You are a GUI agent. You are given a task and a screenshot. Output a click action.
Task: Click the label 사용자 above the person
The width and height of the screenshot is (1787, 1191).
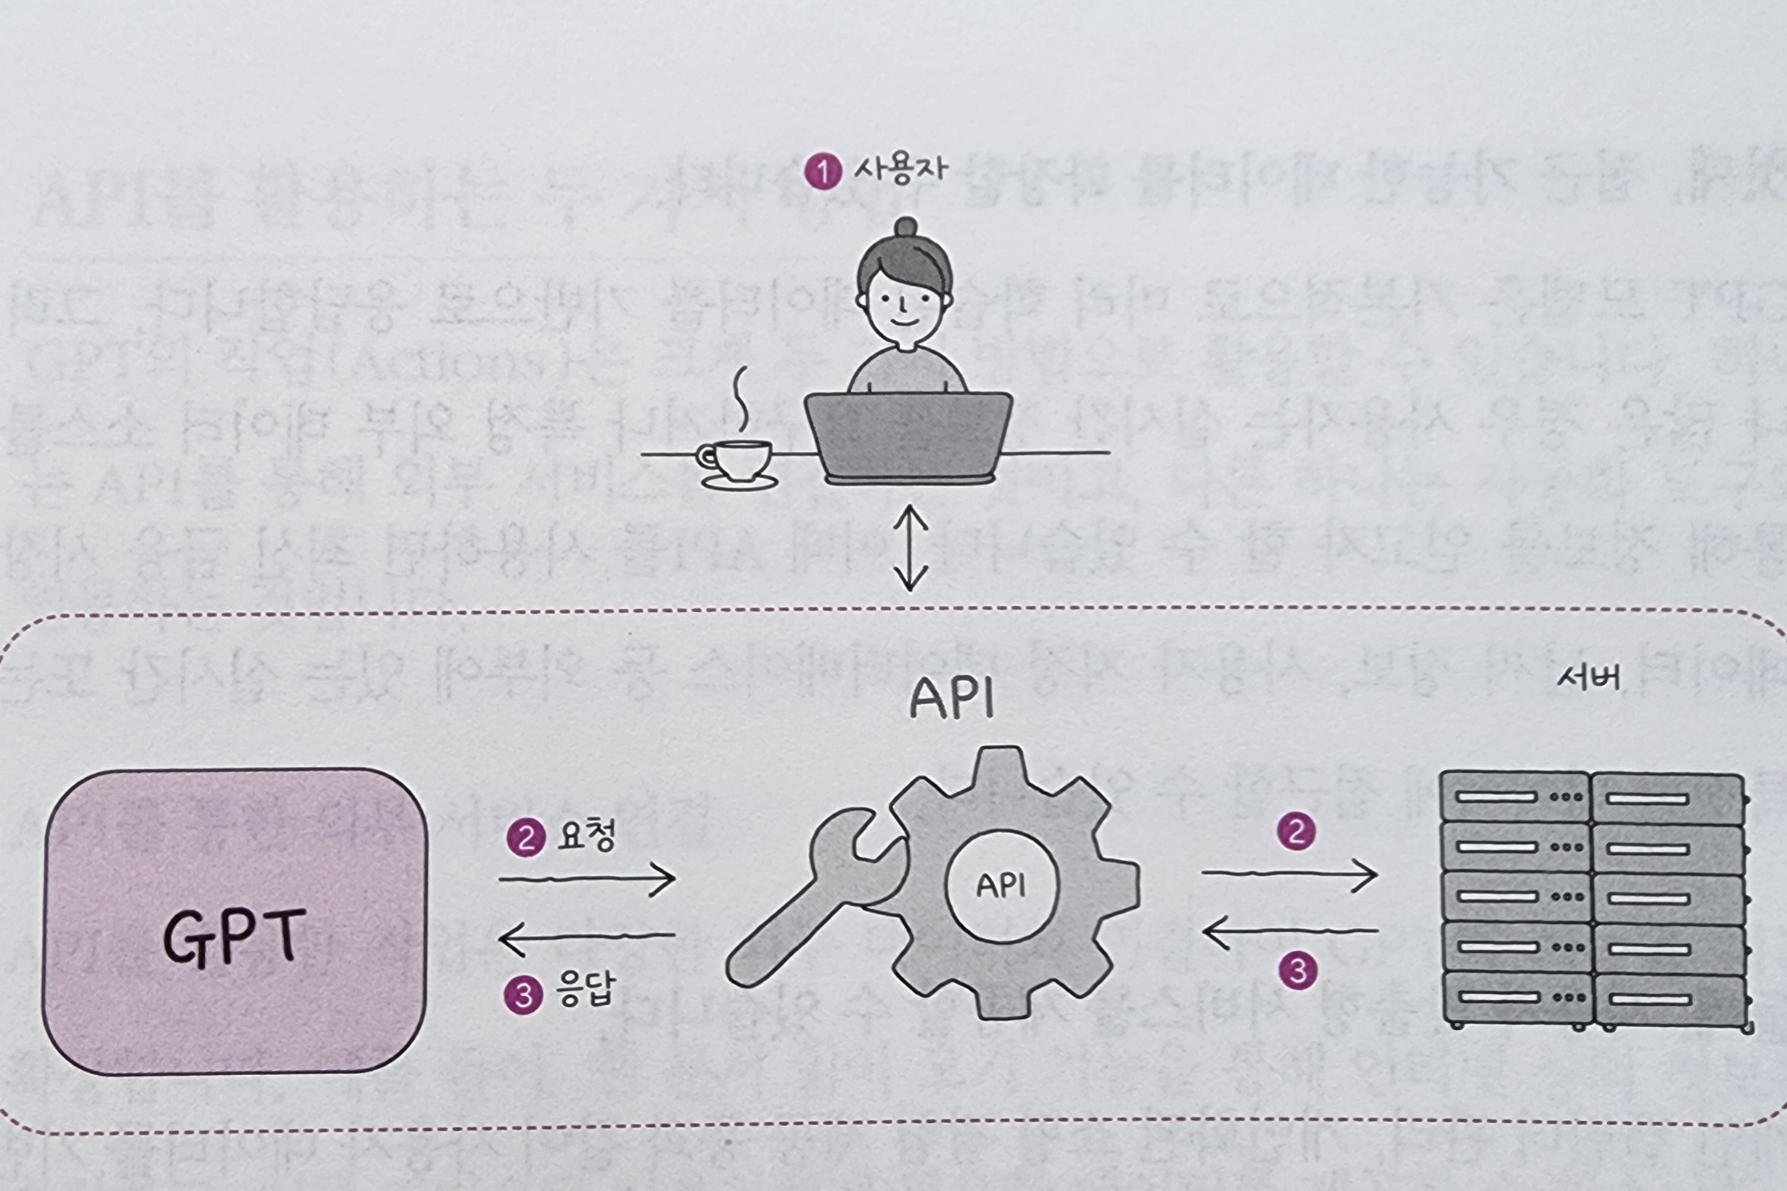[900, 168]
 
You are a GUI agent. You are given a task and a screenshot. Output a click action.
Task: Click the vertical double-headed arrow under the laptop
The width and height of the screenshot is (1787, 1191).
[910, 548]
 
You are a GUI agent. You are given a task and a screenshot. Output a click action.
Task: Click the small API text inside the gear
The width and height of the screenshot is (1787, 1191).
[1001, 886]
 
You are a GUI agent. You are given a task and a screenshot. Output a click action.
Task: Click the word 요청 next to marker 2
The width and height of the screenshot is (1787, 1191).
[586, 836]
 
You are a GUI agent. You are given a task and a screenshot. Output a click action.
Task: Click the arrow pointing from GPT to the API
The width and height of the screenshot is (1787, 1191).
[587, 880]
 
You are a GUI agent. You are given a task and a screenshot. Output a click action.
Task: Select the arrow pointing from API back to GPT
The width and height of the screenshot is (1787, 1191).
[587, 936]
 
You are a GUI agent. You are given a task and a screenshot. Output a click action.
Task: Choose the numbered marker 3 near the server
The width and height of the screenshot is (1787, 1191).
[1298, 971]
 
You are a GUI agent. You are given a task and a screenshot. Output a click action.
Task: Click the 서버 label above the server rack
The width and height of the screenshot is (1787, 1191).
[1588, 678]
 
